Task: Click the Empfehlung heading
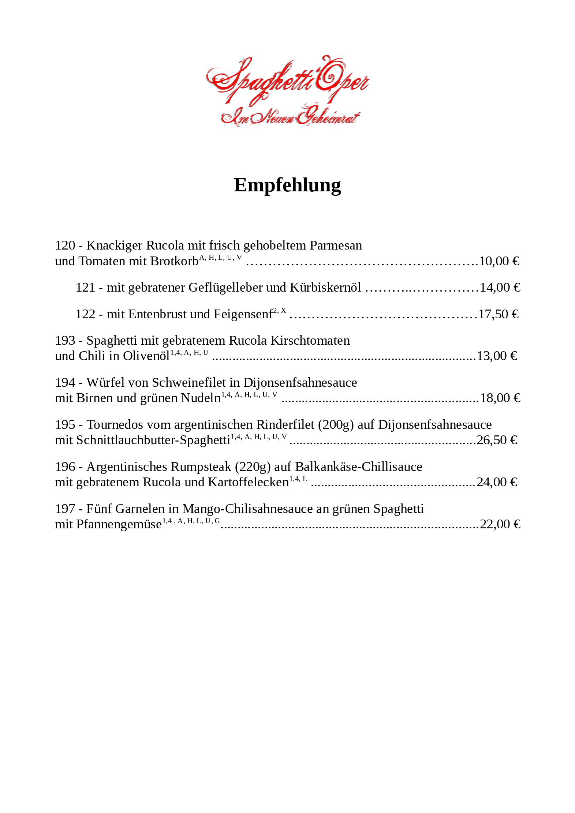tap(287, 185)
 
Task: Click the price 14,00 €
tap(500, 288)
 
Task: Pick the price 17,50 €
tap(499, 314)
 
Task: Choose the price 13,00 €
tap(497, 356)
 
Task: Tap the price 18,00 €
tap(500, 398)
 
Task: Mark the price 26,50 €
tap(497, 440)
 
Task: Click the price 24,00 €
tap(497, 482)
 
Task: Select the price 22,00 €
tap(500, 524)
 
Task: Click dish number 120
tap(65, 245)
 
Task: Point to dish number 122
tap(85, 314)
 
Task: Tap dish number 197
tap(65, 509)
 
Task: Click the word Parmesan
tap(336, 245)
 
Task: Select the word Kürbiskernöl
tap(325, 288)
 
